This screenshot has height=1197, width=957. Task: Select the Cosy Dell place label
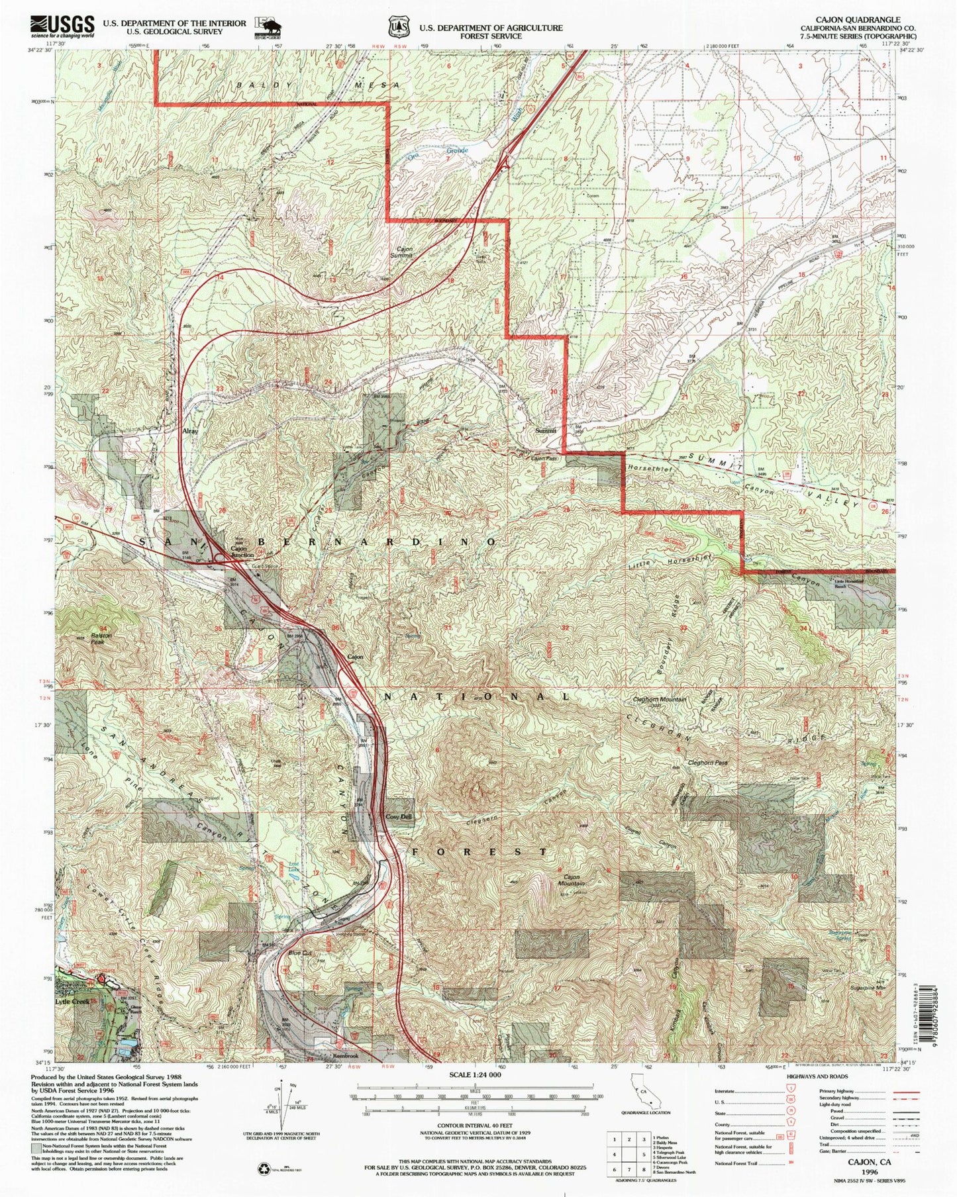tap(399, 817)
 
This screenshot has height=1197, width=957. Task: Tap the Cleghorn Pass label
tap(707, 763)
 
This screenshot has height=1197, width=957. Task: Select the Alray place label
tap(191, 431)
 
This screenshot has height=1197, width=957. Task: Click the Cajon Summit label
tap(404, 254)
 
